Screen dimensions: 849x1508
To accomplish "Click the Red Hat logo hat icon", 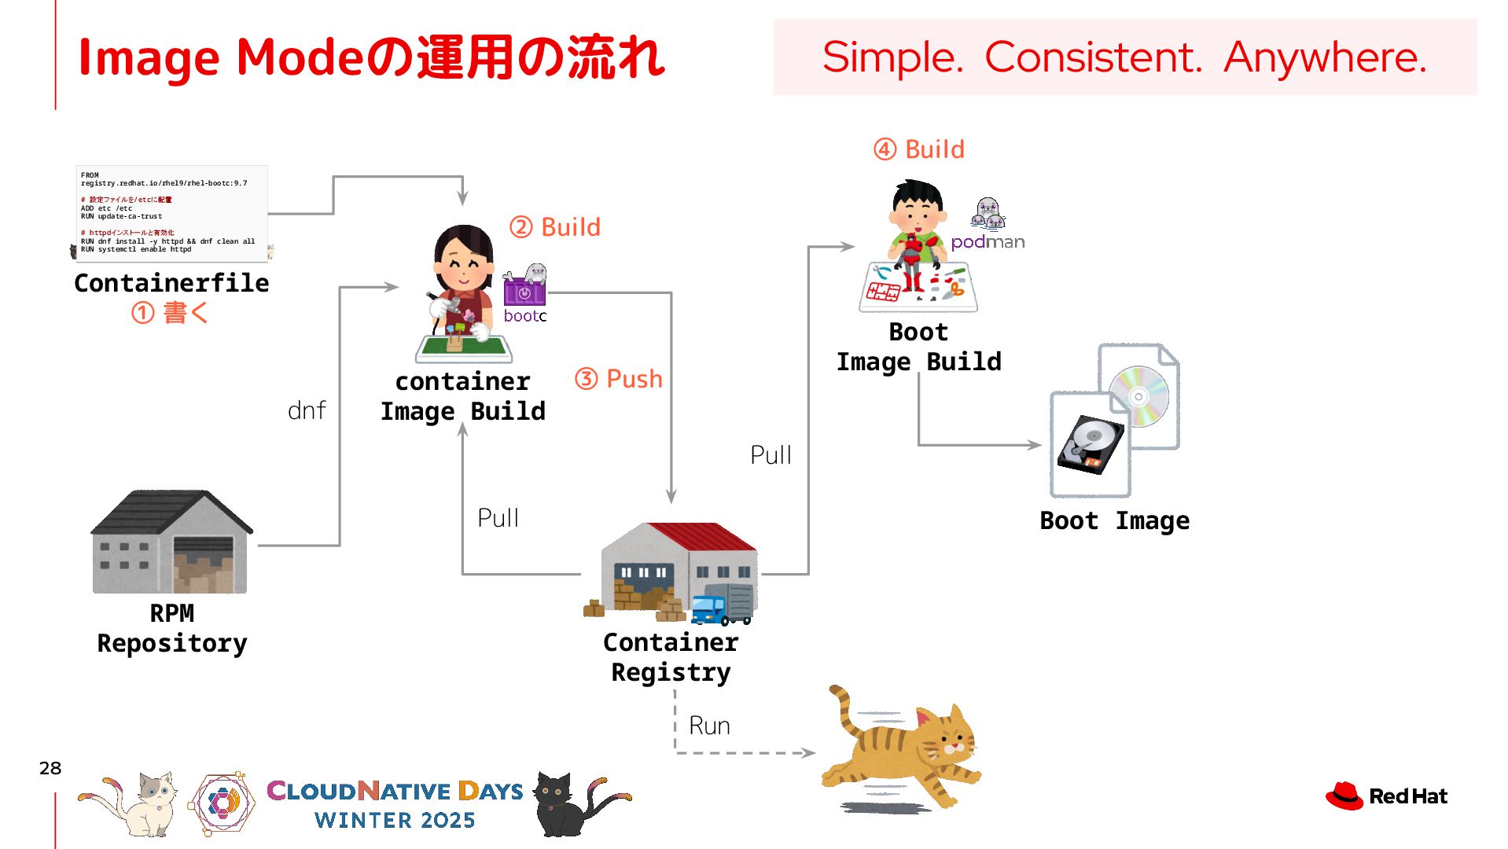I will [x=1344, y=796].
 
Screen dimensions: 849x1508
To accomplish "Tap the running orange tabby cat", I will [x=904, y=747].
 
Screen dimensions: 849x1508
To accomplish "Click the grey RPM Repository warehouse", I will [x=171, y=542].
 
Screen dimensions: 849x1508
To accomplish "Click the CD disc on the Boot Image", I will [x=1139, y=396].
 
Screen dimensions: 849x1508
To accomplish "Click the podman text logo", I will [x=988, y=242].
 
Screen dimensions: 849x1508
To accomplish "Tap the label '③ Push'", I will [x=619, y=379].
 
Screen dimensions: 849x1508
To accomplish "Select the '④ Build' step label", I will [x=919, y=149].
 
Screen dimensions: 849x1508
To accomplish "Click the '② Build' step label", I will [x=555, y=227].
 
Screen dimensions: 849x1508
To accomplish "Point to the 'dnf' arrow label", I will [x=307, y=410].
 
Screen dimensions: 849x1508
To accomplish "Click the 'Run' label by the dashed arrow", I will [x=709, y=726].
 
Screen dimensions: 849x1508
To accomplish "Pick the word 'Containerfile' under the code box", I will [x=171, y=283].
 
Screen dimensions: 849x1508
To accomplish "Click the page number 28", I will [x=50, y=768].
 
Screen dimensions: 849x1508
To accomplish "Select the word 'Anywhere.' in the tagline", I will [x=1326, y=57].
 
